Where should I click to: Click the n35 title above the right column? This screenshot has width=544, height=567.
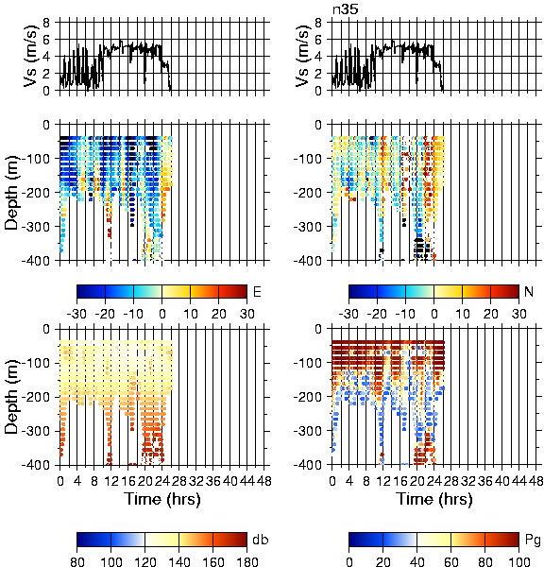tap(346, 9)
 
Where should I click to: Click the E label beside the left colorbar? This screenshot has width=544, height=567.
tap(257, 291)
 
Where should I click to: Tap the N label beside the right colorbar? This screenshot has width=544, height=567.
tap(529, 291)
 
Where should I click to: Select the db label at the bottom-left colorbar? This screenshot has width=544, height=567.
tap(261, 540)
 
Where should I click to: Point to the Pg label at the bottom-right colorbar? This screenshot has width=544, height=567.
tap(533, 541)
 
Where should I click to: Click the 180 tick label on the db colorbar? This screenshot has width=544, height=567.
tap(246, 562)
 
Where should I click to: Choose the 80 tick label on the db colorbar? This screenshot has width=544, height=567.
tap(77, 562)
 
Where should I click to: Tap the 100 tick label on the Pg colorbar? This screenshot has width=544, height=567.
tap(519, 562)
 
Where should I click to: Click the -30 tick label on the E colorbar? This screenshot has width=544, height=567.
tap(76, 314)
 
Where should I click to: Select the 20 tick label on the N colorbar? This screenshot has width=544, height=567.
tap(490, 314)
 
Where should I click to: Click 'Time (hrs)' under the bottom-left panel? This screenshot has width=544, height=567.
tap(162, 499)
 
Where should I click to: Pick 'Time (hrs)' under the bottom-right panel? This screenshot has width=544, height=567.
tap(434, 499)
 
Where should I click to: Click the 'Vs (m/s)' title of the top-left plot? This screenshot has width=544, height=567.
tap(31, 56)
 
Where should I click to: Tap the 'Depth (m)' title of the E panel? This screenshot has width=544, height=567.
tap(12, 193)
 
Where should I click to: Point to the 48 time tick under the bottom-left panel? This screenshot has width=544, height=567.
tap(264, 481)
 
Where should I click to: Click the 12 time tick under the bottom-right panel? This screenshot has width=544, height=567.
tap(383, 481)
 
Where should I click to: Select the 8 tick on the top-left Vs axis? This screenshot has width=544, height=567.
tap(46, 23)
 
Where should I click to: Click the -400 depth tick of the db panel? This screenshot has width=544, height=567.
tap(36, 465)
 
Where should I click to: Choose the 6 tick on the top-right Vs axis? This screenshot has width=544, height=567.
tap(318, 40)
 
